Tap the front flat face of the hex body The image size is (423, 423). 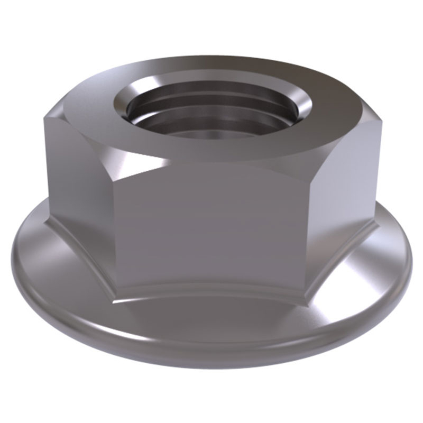(212, 227)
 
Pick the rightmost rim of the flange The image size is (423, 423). (409, 259)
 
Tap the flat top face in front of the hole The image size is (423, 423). (212, 151)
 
